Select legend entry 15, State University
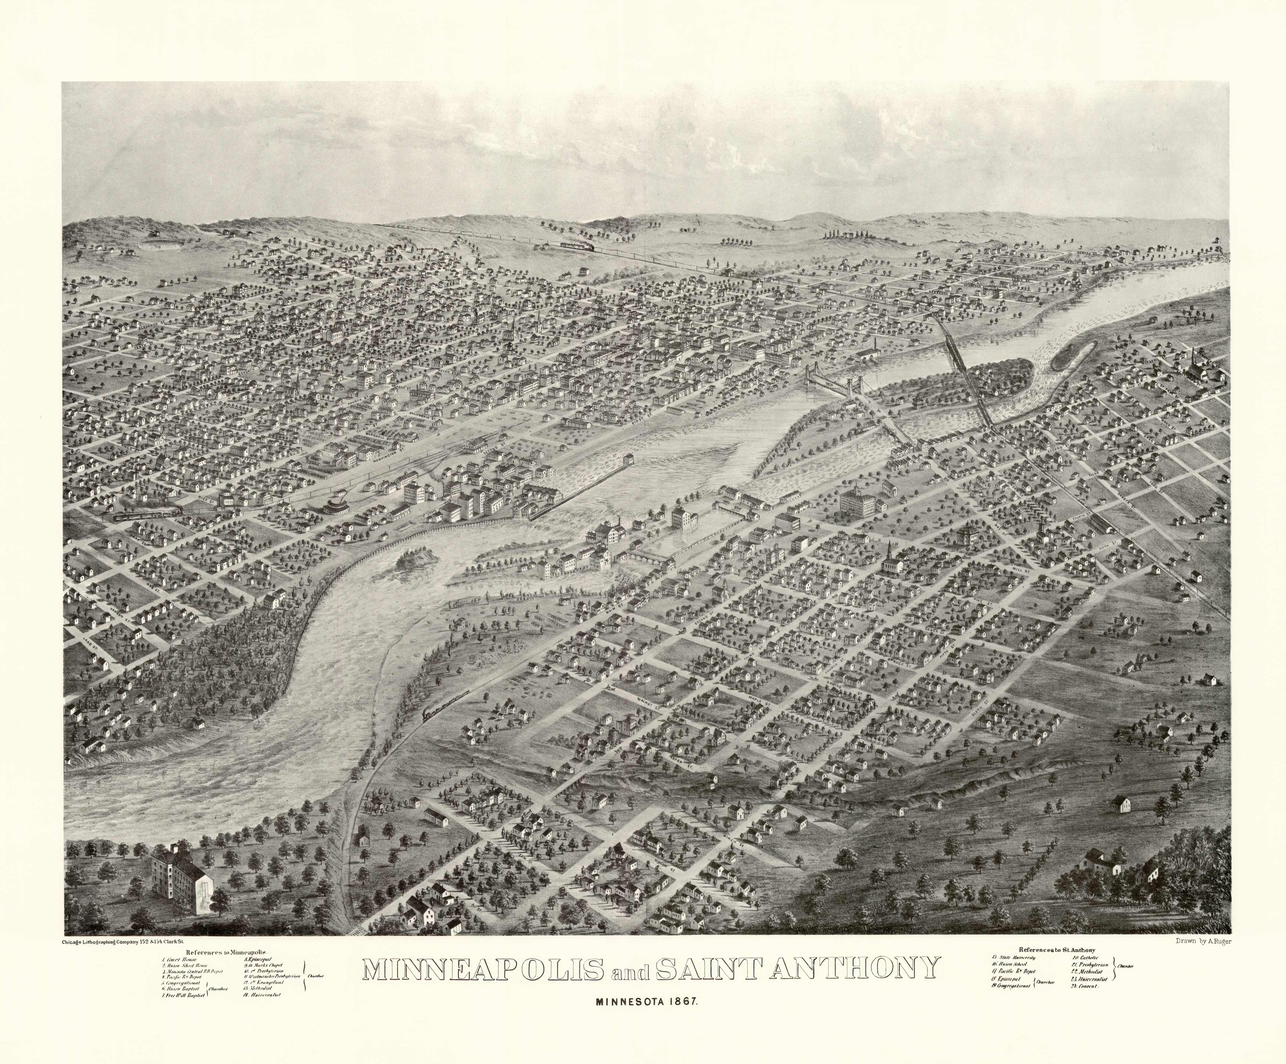(1013, 957)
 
